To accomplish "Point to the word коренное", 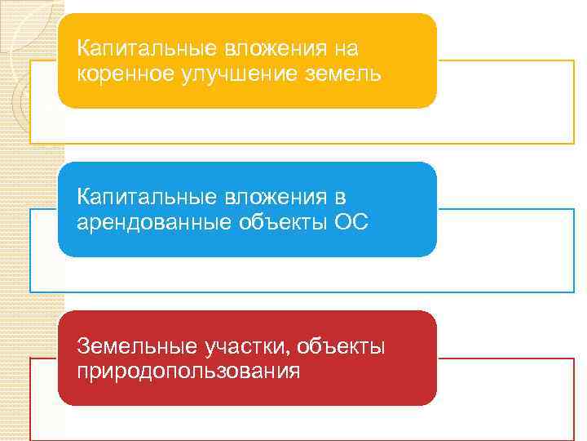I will point(122,74).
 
